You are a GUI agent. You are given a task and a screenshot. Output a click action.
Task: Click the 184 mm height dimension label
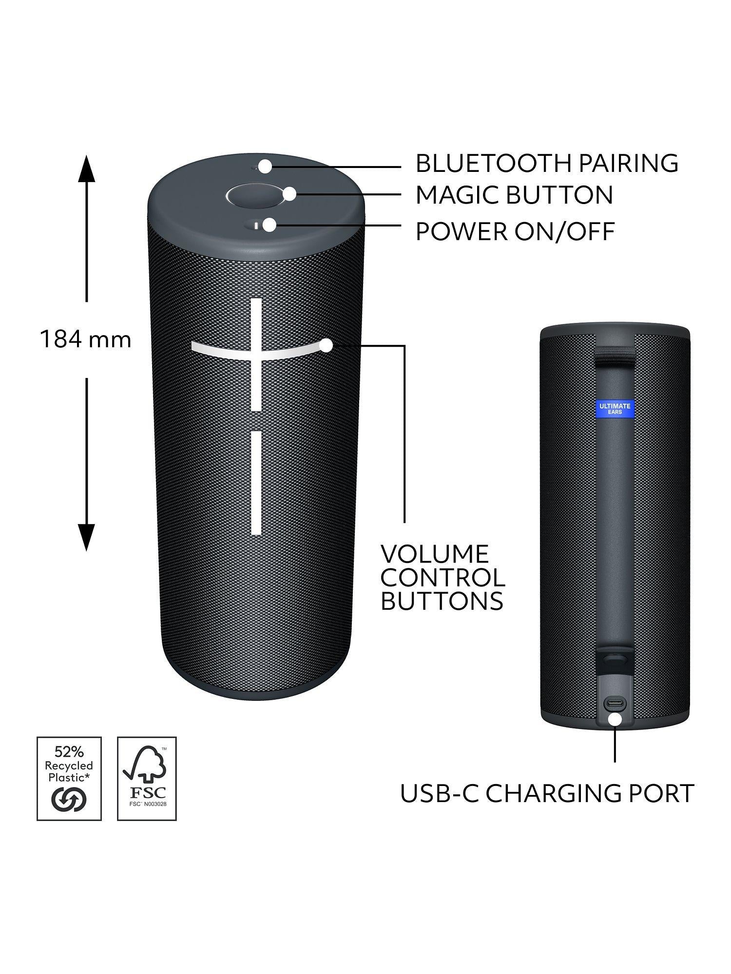pos(86,339)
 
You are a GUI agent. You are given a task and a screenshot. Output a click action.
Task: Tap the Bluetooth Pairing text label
pos(547,163)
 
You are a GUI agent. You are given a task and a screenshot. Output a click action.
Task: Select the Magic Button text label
pos(514,195)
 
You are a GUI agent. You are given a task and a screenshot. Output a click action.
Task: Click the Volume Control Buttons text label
pos(442,578)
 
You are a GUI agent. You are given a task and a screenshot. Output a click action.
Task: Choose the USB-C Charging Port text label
pos(547,793)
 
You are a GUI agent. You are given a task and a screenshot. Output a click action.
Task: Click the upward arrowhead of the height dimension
pos(87,168)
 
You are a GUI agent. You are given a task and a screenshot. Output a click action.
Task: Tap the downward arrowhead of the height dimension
pos(87,538)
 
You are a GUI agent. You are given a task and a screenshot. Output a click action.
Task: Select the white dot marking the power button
pos(269,225)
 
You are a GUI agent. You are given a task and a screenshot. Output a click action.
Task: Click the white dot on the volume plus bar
pos(326,346)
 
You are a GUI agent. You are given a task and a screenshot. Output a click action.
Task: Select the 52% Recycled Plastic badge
pos(69,778)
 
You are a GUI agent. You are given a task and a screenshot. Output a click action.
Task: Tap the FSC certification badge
pos(147,778)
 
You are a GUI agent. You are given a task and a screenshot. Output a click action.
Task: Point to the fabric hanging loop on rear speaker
pos(615,355)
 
